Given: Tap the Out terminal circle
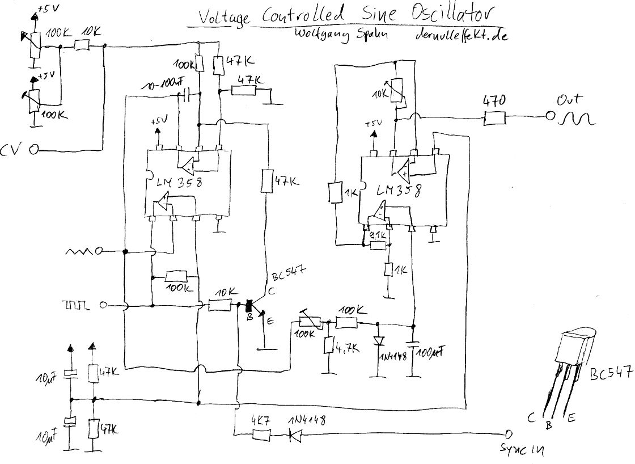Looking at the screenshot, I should click(x=549, y=117).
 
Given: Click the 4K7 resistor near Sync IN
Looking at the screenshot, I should click(x=261, y=435).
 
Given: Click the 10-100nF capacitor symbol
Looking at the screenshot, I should click(x=186, y=94).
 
